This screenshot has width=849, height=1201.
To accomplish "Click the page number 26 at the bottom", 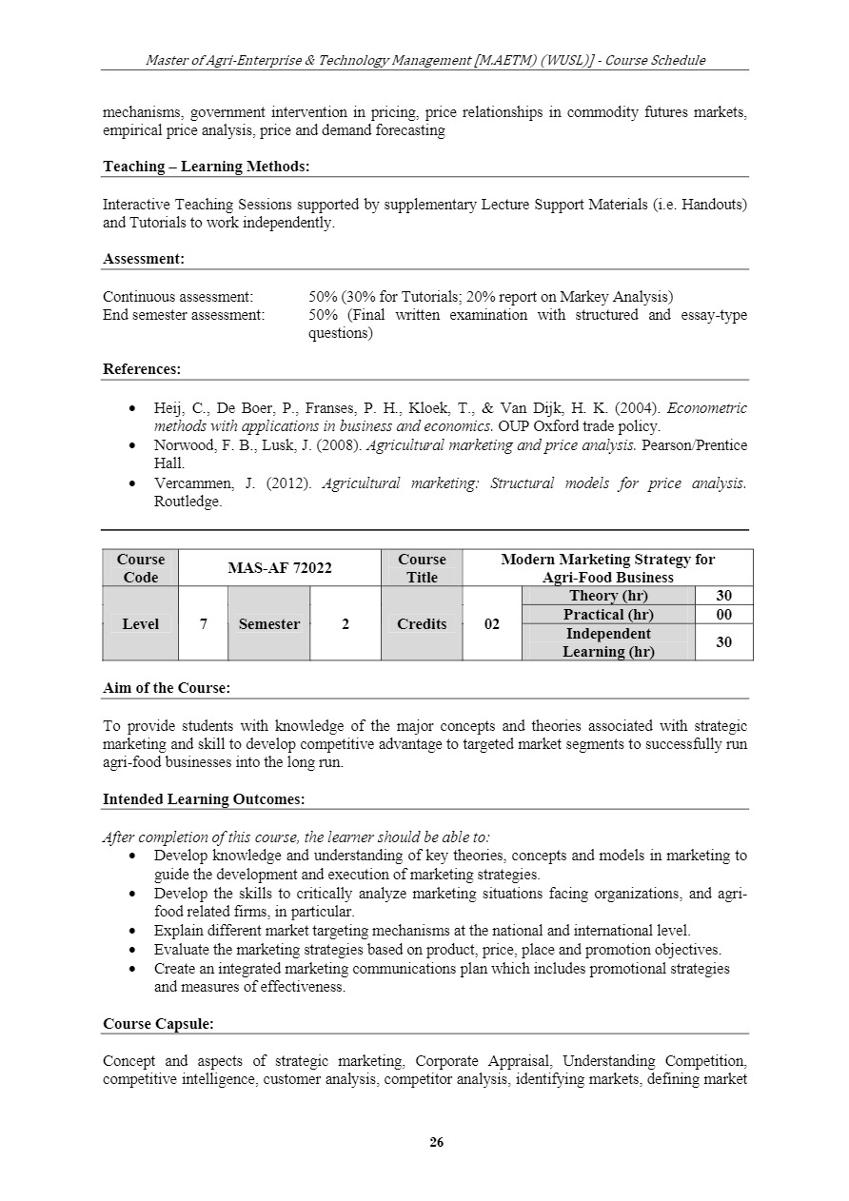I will (437, 1143).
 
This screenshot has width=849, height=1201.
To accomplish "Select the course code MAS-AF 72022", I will (279, 568).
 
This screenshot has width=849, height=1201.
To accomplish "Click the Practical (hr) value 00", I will (723, 615).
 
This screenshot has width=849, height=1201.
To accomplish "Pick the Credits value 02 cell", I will (491, 624).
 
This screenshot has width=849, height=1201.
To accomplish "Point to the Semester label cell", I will (268, 624).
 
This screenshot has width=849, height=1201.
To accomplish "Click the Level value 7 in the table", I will (203, 624).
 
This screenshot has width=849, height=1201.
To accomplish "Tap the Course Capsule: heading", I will (158, 1024).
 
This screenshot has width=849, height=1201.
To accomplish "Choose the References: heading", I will (142, 369).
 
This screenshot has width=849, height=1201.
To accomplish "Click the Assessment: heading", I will (144, 259).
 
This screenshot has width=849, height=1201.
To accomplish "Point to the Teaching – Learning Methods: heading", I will (207, 167).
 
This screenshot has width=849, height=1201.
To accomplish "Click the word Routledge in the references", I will (187, 502).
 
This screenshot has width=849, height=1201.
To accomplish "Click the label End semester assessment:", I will (184, 315).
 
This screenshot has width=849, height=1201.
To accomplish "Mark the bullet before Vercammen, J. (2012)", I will (130, 483).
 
